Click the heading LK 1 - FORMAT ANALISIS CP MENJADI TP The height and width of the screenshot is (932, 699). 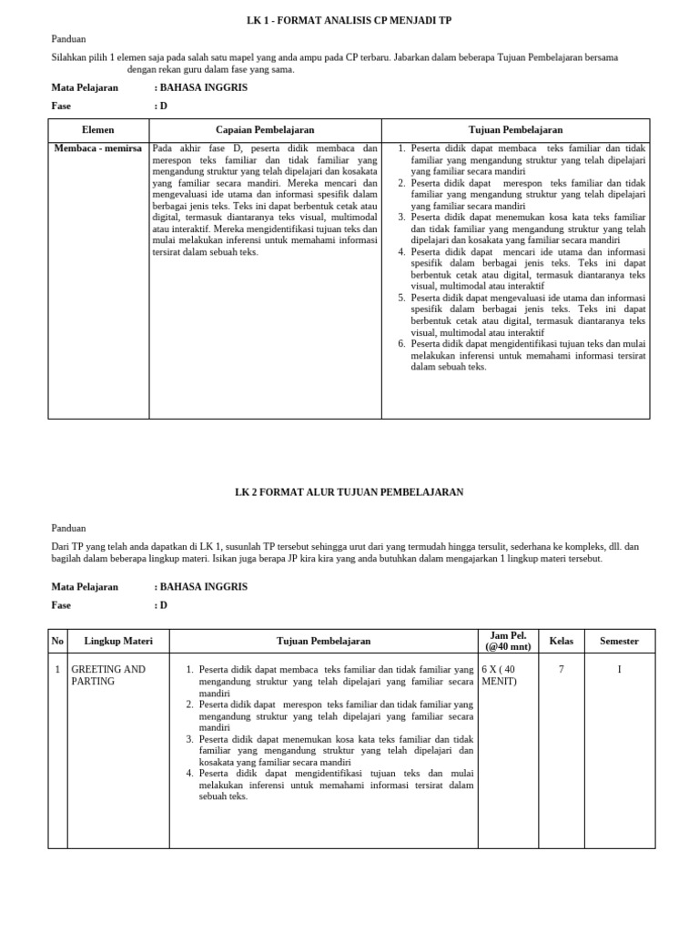(349, 20)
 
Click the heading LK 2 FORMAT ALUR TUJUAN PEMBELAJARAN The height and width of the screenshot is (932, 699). (349, 491)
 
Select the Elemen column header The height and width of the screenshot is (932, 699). (98, 130)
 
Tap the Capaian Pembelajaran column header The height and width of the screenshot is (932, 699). (265, 130)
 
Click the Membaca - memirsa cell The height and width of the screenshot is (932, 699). (98, 148)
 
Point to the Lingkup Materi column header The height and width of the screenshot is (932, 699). (118, 641)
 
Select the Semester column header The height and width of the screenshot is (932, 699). (619, 641)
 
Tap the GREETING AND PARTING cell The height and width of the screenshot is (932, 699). (107, 674)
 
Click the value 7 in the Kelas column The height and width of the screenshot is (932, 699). (562, 669)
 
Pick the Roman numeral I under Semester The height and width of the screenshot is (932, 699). (619, 669)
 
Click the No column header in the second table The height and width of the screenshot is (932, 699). (57, 641)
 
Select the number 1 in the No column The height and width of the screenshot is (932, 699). (57, 669)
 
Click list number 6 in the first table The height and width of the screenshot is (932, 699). (401, 344)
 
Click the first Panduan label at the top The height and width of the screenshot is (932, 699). (68, 39)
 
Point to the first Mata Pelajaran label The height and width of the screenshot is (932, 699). (85, 87)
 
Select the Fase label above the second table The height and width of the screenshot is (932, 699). (61, 605)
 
